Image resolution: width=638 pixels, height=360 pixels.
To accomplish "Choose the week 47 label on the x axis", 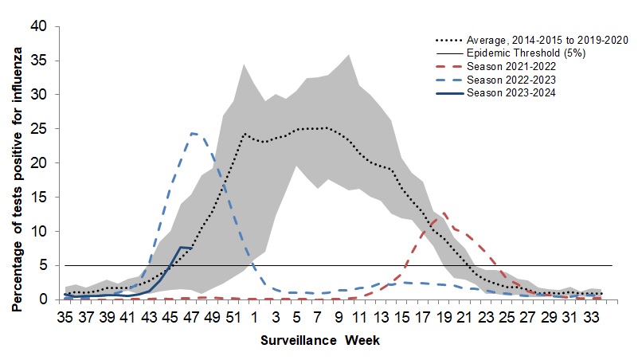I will (190, 316).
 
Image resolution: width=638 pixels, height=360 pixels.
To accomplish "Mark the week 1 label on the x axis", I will (254, 316).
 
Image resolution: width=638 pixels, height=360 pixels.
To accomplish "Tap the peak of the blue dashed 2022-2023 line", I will (192, 133).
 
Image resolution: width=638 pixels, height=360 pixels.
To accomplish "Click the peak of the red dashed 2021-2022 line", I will (444, 213).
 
